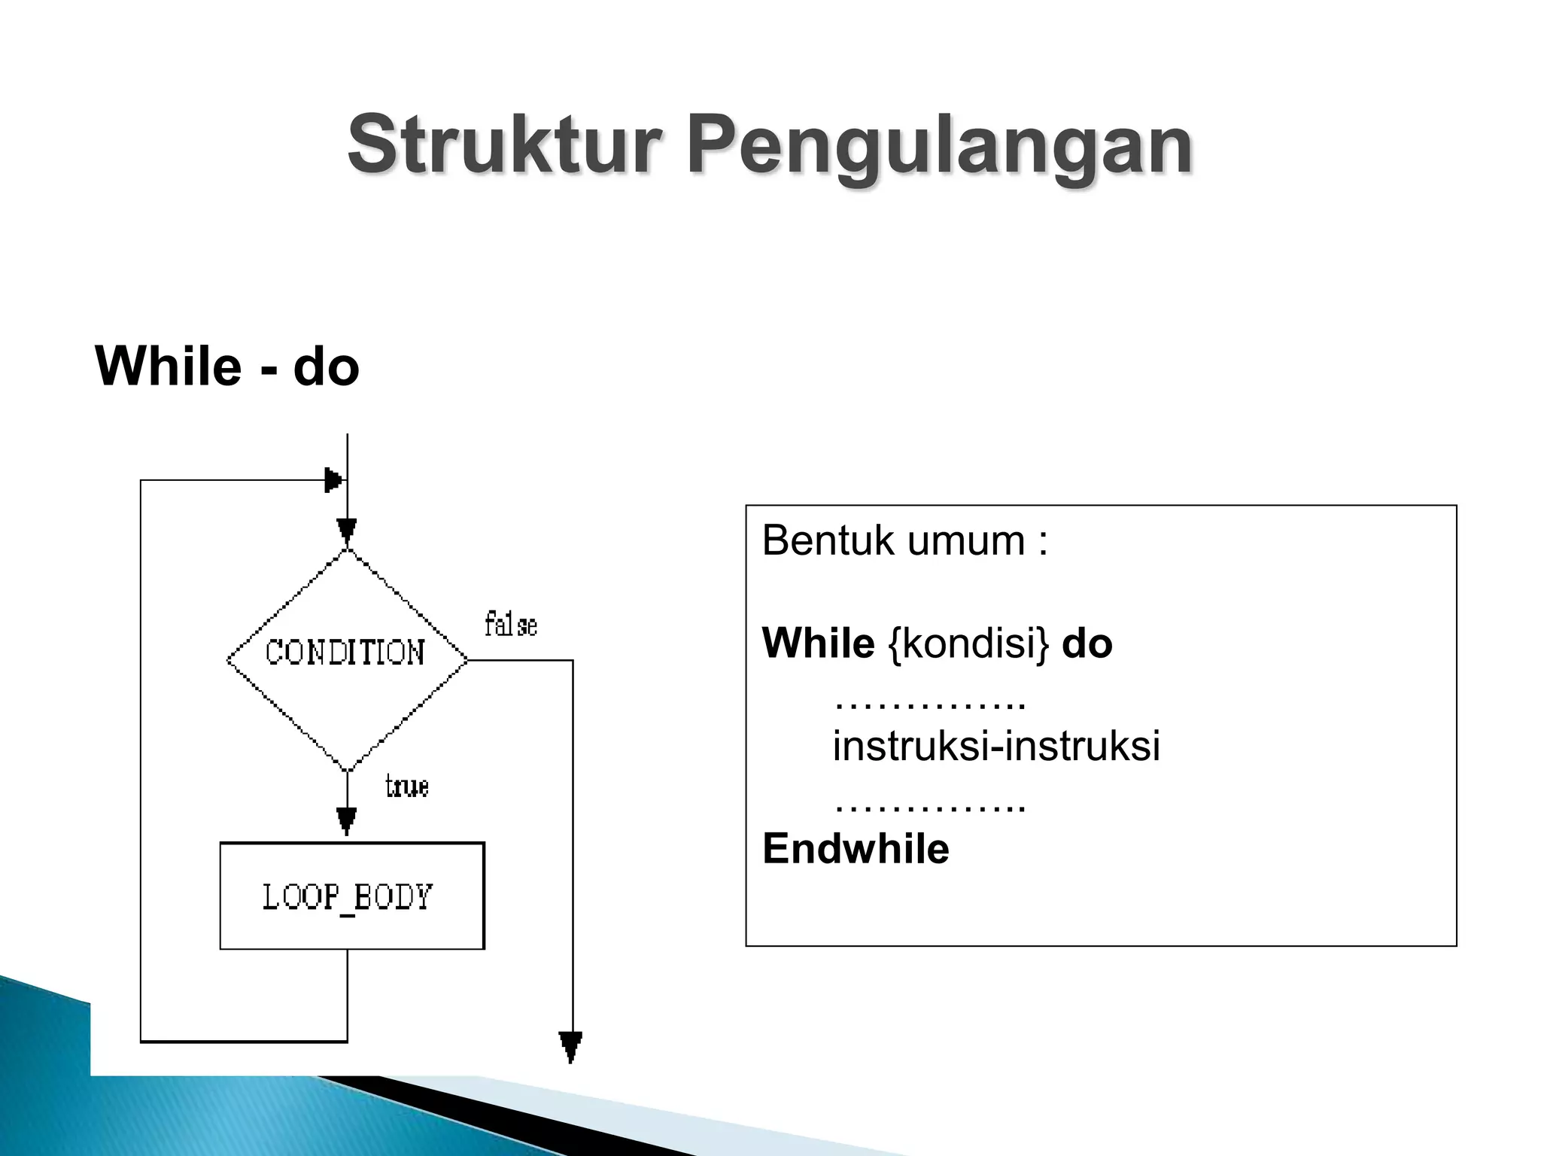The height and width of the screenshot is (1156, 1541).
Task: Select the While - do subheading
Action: coord(227,367)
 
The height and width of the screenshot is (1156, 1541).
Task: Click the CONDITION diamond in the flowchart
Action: coord(347,659)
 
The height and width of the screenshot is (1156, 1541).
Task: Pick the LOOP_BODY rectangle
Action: coord(351,896)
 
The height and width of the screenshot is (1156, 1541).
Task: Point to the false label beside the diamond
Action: coord(511,625)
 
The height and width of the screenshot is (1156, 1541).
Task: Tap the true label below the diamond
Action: coord(407,787)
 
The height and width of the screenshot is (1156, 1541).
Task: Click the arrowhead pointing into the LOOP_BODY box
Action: coord(346,821)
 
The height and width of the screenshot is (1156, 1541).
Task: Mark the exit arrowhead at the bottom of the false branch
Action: coord(570,1047)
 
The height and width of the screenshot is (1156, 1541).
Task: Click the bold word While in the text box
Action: coord(818,643)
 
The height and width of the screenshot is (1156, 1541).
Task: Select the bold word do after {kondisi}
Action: coord(1087,644)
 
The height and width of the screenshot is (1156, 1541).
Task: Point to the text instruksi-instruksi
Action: coord(996,746)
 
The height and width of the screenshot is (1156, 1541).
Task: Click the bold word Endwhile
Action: coord(856,849)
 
